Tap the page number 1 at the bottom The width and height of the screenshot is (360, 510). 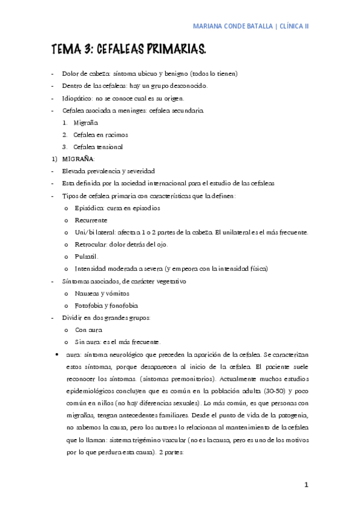306,484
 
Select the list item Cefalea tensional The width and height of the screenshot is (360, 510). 98,147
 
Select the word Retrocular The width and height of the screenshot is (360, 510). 90,244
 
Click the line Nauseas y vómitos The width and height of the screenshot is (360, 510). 102,293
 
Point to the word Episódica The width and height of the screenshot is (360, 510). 89,207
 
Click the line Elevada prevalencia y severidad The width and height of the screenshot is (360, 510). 108,171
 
